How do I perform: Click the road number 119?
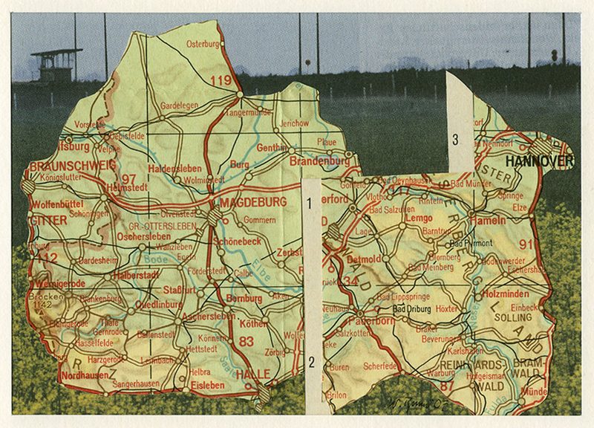[221, 80]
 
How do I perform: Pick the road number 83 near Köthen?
[247, 340]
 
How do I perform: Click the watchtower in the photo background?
[56, 65]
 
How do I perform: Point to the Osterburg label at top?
[203, 44]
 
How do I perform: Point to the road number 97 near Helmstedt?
[129, 179]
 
